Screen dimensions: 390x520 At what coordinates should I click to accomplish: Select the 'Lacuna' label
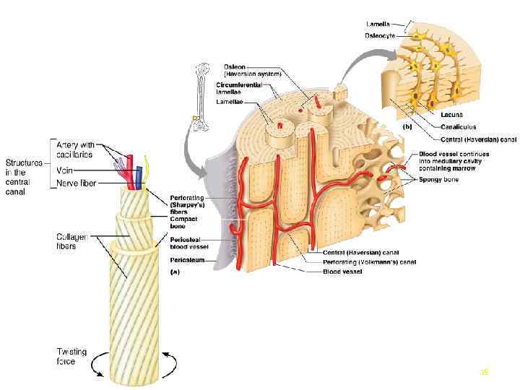click(452, 114)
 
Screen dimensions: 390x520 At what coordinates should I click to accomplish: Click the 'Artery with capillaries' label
click(77, 148)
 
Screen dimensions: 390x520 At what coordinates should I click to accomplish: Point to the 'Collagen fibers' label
click(73, 240)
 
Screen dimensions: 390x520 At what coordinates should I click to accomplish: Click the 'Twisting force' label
click(71, 357)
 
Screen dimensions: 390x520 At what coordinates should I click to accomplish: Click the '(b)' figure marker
click(407, 124)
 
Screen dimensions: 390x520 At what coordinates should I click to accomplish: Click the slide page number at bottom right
click(485, 373)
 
